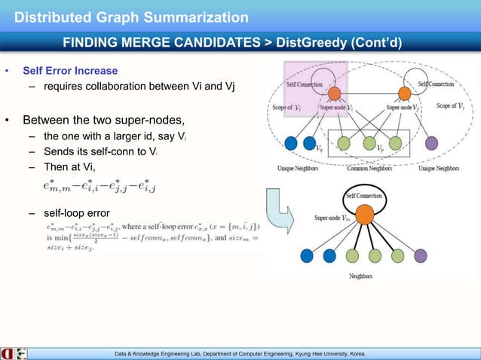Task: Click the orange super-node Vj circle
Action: tap(403, 93)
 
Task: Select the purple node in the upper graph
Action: tap(431, 142)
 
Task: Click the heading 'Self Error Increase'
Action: tap(70, 71)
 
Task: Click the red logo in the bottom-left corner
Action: tap(8, 352)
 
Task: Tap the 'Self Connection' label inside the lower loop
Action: tap(364, 196)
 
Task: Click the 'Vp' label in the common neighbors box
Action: tap(381, 149)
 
